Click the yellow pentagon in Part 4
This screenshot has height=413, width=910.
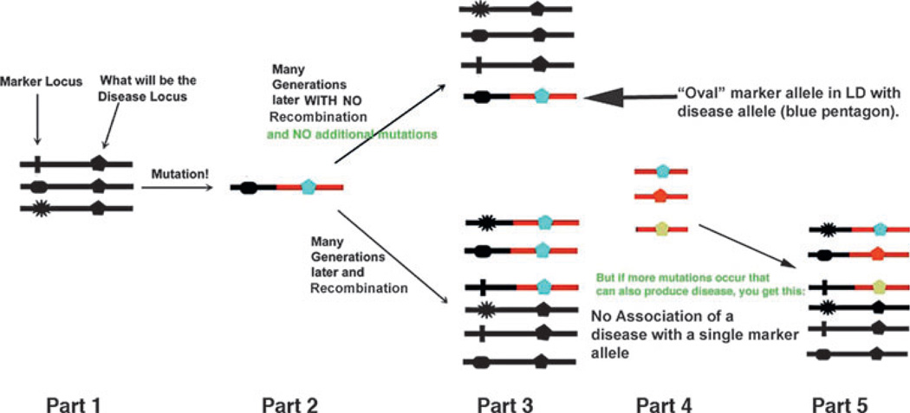[x=662, y=229]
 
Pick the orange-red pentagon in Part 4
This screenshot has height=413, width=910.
[x=662, y=197]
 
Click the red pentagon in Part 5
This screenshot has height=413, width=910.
[x=880, y=255]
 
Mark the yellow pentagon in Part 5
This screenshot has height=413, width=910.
[x=880, y=287]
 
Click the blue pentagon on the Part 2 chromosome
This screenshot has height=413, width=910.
[x=309, y=186]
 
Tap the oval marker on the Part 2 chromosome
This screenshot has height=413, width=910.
[x=250, y=186]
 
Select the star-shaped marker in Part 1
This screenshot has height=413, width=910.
[x=38, y=209]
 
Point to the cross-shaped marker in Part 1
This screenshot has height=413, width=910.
[x=38, y=162]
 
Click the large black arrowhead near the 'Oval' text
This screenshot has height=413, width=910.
[x=607, y=98]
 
